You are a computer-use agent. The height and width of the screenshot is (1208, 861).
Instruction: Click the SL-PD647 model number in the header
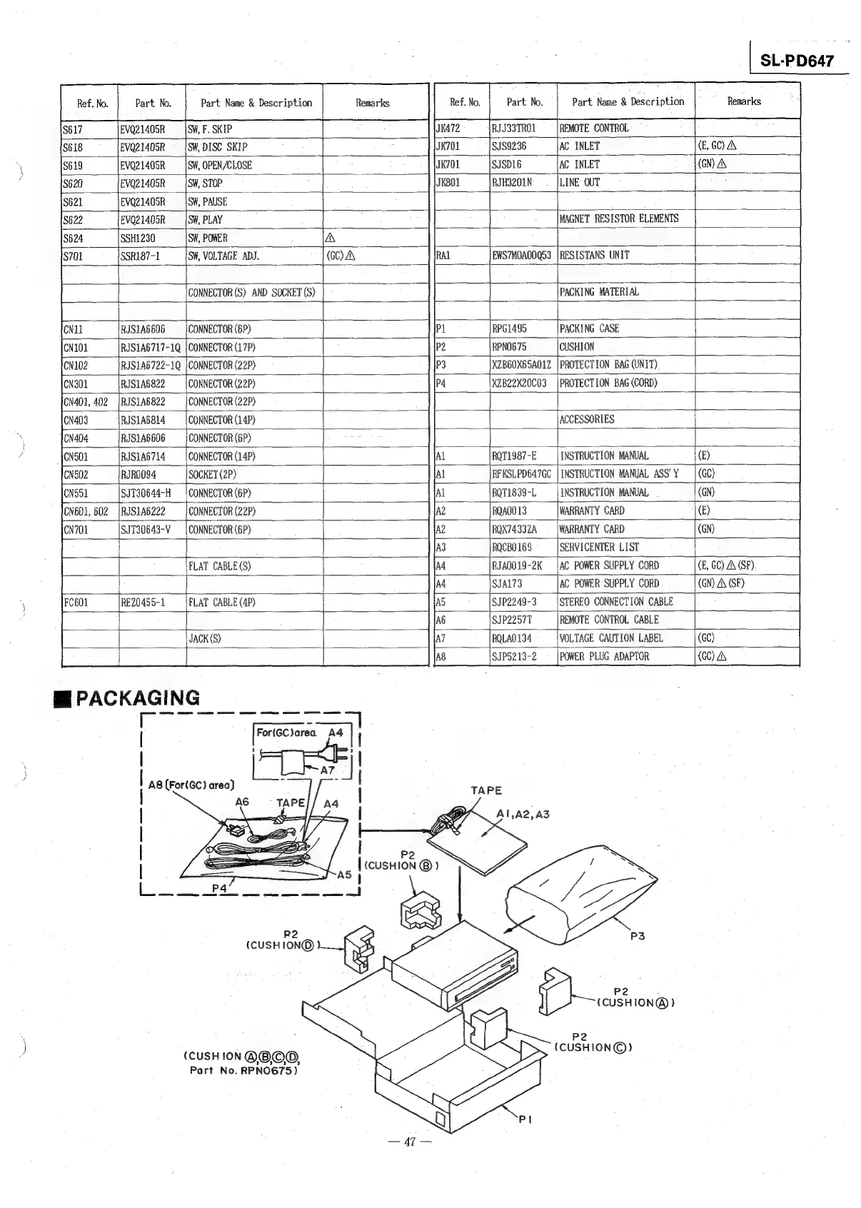[x=797, y=61]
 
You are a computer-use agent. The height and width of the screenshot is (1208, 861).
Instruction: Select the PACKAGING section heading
[x=129, y=698]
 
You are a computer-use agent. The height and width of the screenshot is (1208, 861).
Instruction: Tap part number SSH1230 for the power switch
[x=138, y=238]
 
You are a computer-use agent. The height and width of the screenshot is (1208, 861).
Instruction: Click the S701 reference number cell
[x=73, y=256]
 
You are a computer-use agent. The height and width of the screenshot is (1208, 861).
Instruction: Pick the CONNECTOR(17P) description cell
[x=221, y=348]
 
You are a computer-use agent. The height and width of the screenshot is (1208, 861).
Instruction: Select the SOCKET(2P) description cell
[x=212, y=475]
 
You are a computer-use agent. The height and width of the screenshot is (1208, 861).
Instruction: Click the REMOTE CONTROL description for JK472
[x=593, y=129]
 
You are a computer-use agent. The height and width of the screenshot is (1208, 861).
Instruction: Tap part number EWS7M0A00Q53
[x=521, y=256]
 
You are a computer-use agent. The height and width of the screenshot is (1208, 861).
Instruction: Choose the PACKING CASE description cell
[x=589, y=328]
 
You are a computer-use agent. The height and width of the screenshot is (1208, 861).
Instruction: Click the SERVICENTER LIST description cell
[x=599, y=548]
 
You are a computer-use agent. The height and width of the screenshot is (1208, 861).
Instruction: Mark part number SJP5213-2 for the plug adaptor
[x=514, y=657]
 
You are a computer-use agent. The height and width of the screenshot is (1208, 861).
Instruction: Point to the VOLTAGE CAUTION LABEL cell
[x=611, y=638]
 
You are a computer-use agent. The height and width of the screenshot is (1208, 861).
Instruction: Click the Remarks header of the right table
[x=744, y=101]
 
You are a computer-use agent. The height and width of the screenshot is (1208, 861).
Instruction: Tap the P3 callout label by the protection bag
[x=638, y=935]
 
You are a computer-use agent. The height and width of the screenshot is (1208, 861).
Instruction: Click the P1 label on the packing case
[x=525, y=1119]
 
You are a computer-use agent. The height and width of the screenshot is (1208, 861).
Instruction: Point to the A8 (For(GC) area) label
[x=191, y=785]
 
